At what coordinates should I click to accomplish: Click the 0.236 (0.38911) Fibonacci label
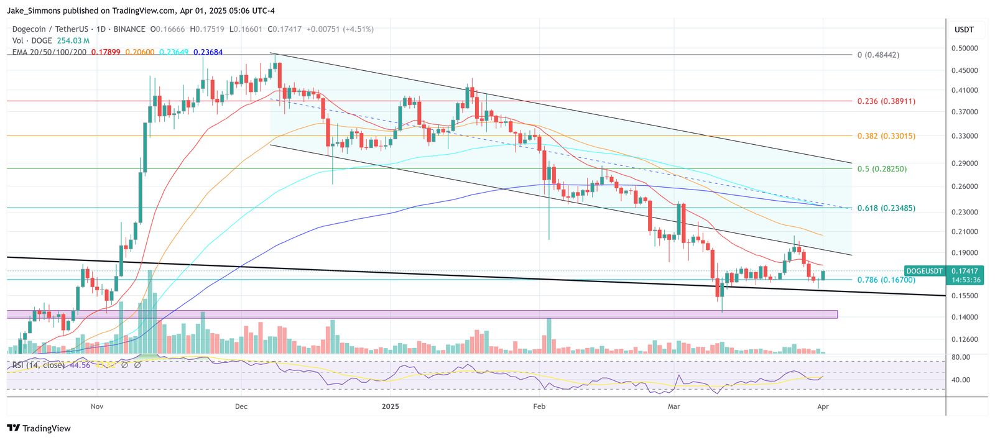point(886,101)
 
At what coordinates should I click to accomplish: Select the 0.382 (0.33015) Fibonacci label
point(886,136)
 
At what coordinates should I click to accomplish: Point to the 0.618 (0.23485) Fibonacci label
point(886,208)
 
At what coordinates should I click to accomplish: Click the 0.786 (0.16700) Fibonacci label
point(886,280)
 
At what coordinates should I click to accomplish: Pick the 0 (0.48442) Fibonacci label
point(878,55)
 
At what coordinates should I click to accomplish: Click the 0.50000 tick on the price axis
point(964,48)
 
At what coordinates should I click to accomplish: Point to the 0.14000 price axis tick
point(964,318)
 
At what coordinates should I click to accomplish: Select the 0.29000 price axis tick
point(964,164)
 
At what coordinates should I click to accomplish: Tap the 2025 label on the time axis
point(391,407)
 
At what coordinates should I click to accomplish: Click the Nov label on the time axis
point(96,407)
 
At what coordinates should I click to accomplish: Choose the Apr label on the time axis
point(823,407)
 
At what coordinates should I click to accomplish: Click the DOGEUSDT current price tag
point(924,272)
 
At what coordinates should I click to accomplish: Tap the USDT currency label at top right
point(964,30)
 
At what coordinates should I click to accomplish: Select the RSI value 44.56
point(80,365)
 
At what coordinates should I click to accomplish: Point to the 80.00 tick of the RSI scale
point(961,357)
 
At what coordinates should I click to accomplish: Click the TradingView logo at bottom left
point(39,429)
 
